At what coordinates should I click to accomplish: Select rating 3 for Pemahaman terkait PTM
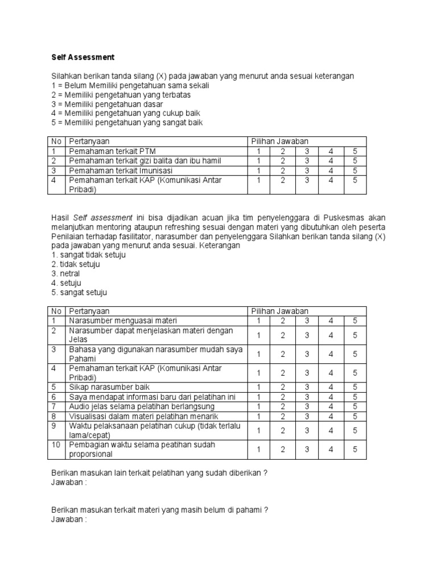pyautogui.click(x=307, y=152)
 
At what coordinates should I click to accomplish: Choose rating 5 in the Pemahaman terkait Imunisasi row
pyautogui.click(x=354, y=171)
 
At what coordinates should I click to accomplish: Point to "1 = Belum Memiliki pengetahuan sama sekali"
pyautogui.click(x=130, y=85)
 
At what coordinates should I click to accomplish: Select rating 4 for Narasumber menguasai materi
pyautogui.click(x=331, y=321)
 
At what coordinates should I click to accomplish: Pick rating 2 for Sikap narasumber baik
pyautogui.click(x=283, y=387)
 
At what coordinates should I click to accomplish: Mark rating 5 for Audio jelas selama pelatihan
pyautogui.click(x=354, y=406)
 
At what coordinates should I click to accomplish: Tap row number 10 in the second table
pyautogui.click(x=56, y=444)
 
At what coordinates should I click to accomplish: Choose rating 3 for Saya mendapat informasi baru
pyautogui.click(x=307, y=397)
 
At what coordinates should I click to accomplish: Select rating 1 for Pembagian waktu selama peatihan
pyautogui.click(x=259, y=449)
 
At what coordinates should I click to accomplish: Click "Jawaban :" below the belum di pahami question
pyautogui.click(x=69, y=519)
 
